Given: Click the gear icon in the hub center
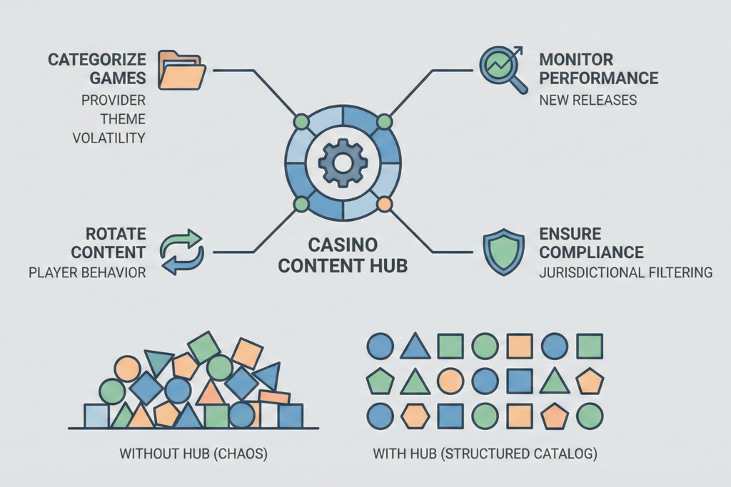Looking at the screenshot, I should [x=343, y=163].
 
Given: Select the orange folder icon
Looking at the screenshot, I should [x=181, y=70].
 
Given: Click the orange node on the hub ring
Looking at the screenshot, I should [x=384, y=205].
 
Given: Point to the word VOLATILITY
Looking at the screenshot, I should [x=109, y=138].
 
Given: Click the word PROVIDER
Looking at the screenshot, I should [x=113, y=101].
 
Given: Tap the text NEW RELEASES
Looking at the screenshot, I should [x=588, y=100].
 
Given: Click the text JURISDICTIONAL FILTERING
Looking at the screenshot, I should [x=625, y=272].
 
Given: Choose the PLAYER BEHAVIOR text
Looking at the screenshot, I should [x=86, y=272].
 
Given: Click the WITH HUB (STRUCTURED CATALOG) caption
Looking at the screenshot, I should [x=485, y=453].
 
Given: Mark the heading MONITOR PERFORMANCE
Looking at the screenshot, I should [x=598, y=68].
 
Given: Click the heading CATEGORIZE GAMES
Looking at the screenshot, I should [x=96, y=68].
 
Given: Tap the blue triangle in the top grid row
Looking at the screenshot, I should [x=415, y=347].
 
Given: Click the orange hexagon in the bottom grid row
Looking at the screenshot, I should [x=415, y=416].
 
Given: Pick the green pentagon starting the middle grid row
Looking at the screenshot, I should [x=380, y=381].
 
